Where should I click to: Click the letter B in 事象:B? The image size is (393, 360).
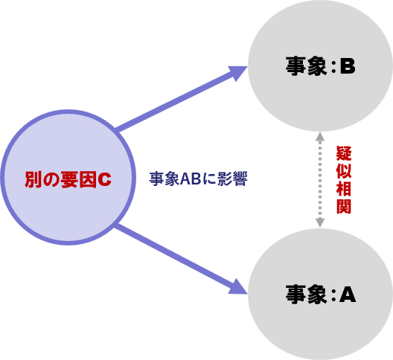pyautogui.click(x=348, y=66)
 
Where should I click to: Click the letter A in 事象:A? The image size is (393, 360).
pyautogui.click(x=348, y=295)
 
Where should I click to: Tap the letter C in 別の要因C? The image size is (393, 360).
pyautogui.click(x=104, y=179)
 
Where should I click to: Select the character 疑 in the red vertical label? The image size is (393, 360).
pyautogui.click(x=344, y=153)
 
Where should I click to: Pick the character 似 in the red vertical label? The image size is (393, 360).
pyautogui.click(x=344, y=171)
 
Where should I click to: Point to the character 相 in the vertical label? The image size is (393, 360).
pyautogui.click(x=344, y=188)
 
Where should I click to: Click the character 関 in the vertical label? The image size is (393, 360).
pyautogui.click(x=344, y=206)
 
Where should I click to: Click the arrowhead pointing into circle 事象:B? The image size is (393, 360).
pyautogui.click(x=237, y=72)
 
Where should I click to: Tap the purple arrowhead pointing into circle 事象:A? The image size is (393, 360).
pyautogui.click(x=237, y=287)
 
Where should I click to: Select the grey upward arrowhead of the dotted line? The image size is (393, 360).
pyautogui.click(x=320, y=137)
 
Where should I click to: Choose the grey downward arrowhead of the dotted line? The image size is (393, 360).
pyautogui.click(x=320, y=222)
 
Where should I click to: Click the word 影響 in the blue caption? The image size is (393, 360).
pyautogui.click(x=232, y=179)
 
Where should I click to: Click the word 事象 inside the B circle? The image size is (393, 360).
pyautogui.click(x=306, y=66)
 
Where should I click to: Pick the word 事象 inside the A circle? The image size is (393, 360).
pyautogui.click(x=306, y=295)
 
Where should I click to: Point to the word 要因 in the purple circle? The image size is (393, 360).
pyautogui.click(x=78, y=179)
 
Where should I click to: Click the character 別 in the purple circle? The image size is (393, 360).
pyautogui.click(x=33, y=179)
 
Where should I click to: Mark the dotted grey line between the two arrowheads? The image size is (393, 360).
pyautogui.click(x=320, y=179)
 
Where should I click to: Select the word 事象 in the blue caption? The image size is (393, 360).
pyautogui.click(x=164, y=179)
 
